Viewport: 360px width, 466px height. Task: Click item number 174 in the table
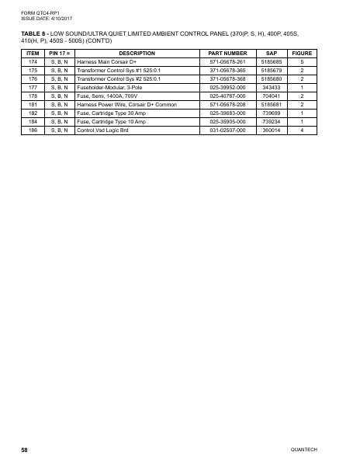pyautogui.click(x=33, y=61)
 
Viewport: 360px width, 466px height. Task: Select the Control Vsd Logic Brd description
pyautogui.click(x=103, y=130)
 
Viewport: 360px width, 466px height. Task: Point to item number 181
pyautogui.click(x=33, y=105)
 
